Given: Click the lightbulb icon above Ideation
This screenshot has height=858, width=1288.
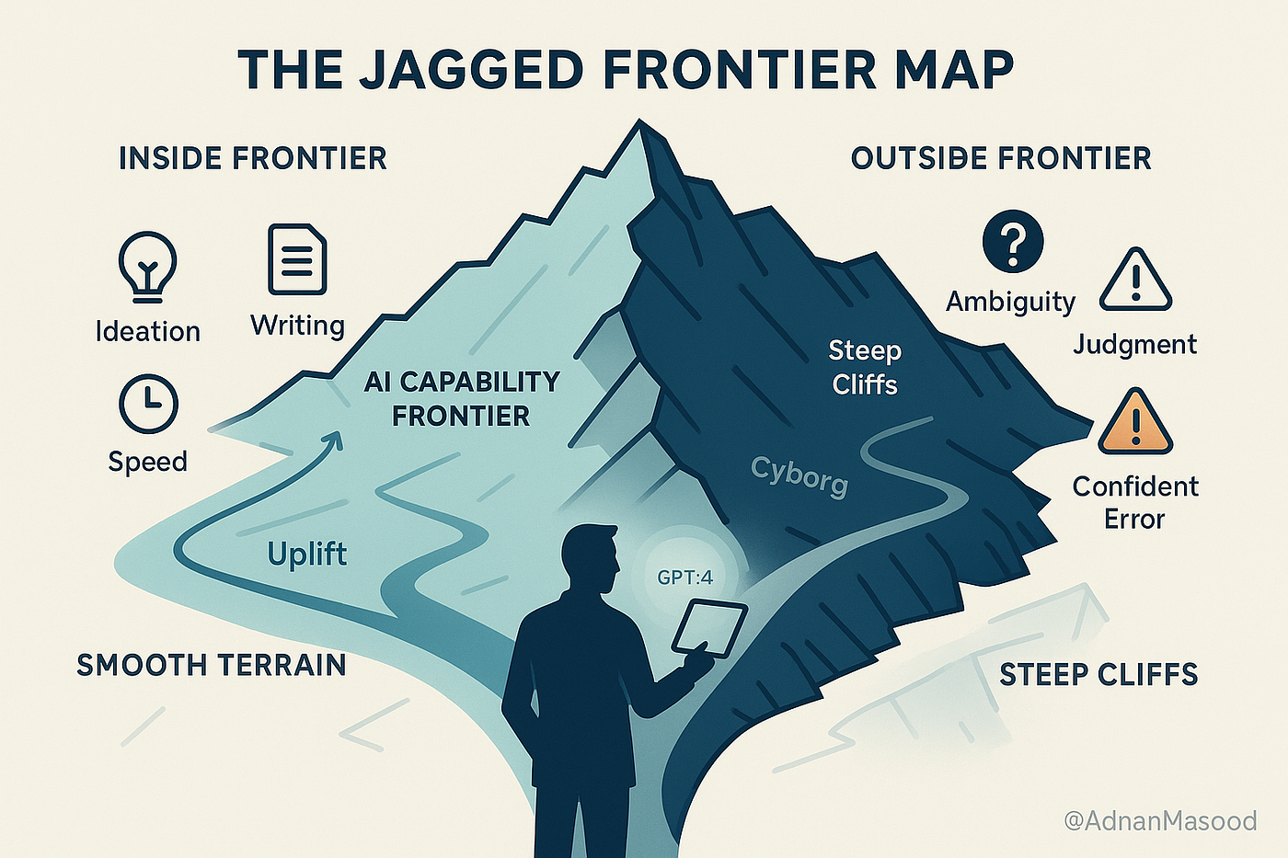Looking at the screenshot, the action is click(147, 266).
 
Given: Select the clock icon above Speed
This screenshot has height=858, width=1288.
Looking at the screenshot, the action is click(148, 404).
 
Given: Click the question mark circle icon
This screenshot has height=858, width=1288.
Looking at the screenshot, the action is click(1012, 241).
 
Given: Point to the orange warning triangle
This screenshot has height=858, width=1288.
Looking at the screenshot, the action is click(1135, 423).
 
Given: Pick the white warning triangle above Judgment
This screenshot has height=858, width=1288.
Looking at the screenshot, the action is click(1135, 280).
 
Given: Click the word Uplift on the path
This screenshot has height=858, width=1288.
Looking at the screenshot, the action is click(306, 554).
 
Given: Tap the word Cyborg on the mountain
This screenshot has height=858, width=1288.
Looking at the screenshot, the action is click(799, 475).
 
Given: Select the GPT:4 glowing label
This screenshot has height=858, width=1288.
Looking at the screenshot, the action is click(684, 578).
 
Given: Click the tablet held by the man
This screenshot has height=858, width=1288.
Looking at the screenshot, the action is click(709, 628).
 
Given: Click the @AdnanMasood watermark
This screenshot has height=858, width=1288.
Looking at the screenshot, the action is click(1159, 820).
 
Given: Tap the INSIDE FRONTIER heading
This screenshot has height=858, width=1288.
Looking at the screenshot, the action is click(252, 158).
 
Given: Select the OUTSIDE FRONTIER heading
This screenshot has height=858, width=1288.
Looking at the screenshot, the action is click(1001, 158).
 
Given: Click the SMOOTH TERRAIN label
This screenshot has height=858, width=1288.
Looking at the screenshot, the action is click(211, 665).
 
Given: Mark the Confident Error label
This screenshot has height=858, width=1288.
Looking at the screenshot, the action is click(1134, 502).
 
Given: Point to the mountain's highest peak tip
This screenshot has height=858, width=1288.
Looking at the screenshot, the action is click(638, 122).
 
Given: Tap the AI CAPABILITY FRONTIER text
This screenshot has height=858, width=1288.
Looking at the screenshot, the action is click(462, 398).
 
